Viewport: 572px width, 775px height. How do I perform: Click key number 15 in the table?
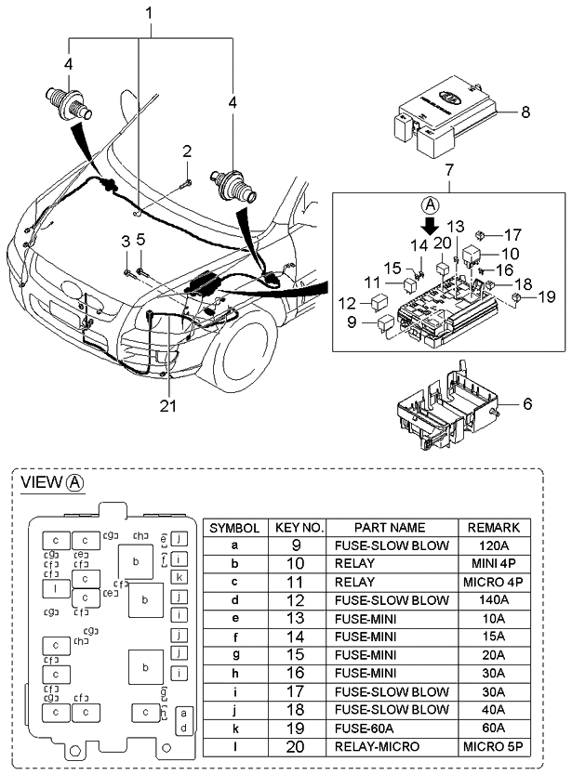click(x=299, y=655)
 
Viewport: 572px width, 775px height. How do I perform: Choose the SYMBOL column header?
click(x=234, y=527)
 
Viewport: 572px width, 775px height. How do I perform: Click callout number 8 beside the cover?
click(x=525, y=113)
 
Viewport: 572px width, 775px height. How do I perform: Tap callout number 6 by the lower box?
click(x=527, y=405)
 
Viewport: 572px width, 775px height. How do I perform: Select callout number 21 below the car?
click(x=167, y=405)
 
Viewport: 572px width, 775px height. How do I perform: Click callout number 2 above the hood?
click(x=187, y=151)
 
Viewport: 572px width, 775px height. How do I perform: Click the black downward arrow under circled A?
click(x=429, y=226)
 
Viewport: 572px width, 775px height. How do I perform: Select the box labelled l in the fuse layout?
click(x=56, y=588)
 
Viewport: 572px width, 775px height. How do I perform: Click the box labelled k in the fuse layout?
click(x=180, y=577)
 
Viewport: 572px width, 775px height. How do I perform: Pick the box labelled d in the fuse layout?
click(x=184, y=727)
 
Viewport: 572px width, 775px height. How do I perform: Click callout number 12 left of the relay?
click(x=346, y=302)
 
